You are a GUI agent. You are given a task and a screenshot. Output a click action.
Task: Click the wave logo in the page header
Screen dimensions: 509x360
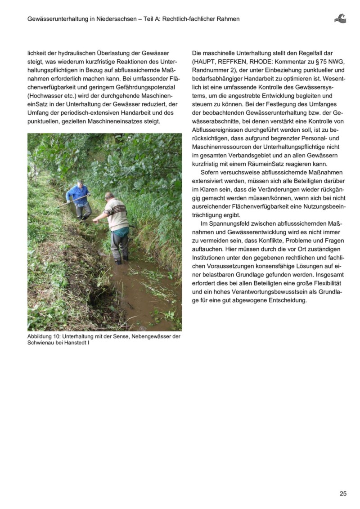340,18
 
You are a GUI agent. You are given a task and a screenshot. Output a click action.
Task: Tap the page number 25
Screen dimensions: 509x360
343,493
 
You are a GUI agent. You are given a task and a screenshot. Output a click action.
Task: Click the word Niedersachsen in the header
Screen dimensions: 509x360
115,19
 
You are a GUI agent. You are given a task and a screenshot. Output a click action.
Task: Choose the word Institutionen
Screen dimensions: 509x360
212,258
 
